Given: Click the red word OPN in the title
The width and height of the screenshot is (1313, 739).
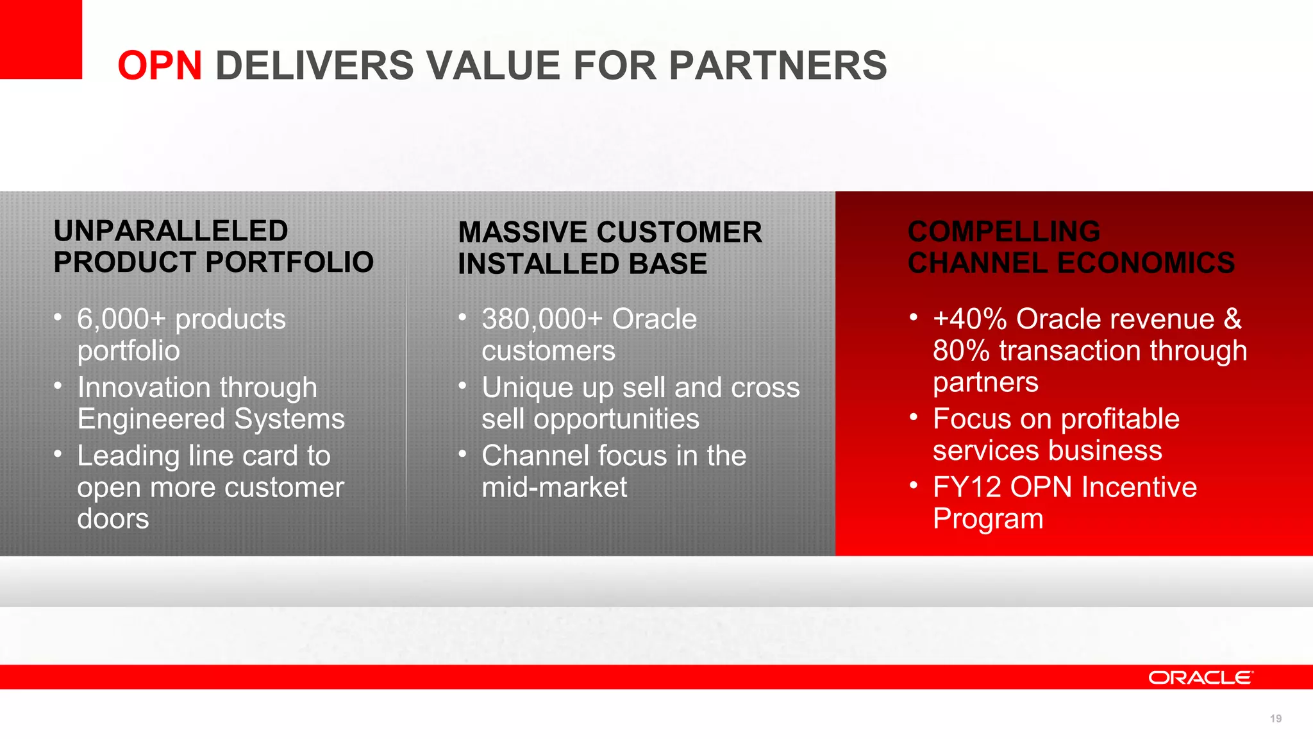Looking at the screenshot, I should [x=160, y=66].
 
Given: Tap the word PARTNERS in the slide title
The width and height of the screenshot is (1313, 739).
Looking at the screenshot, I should [x=778, y=66].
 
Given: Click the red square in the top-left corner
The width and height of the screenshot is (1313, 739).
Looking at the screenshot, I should [x=40, y=38].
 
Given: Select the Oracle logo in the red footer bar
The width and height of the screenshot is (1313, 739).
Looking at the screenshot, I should [x=1200, y=677].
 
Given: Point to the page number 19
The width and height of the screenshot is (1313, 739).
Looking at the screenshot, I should [x=1275, y=718].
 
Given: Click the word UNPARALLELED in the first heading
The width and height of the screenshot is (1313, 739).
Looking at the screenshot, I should [x=171, y=231].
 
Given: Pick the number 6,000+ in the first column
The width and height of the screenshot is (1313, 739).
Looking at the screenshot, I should [x=121, y=319].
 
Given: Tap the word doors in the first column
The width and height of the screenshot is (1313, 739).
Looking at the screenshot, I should [x=113, y=519].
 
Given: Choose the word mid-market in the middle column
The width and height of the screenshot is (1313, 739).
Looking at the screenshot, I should [x=554, y=488].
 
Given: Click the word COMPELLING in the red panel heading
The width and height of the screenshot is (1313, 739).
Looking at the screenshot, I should [x=1003, y=232].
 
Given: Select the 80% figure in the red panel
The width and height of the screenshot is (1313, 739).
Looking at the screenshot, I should [x=961, y=351].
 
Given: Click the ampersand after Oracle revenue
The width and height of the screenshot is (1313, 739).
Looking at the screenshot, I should [x=1232, y=319].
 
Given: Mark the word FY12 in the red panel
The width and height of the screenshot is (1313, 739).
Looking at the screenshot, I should [x=967, y=488].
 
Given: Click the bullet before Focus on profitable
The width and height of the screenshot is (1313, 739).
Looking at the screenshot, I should [x=914, y=418].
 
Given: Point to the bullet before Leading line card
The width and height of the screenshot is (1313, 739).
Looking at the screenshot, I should [x=58, y=454].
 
